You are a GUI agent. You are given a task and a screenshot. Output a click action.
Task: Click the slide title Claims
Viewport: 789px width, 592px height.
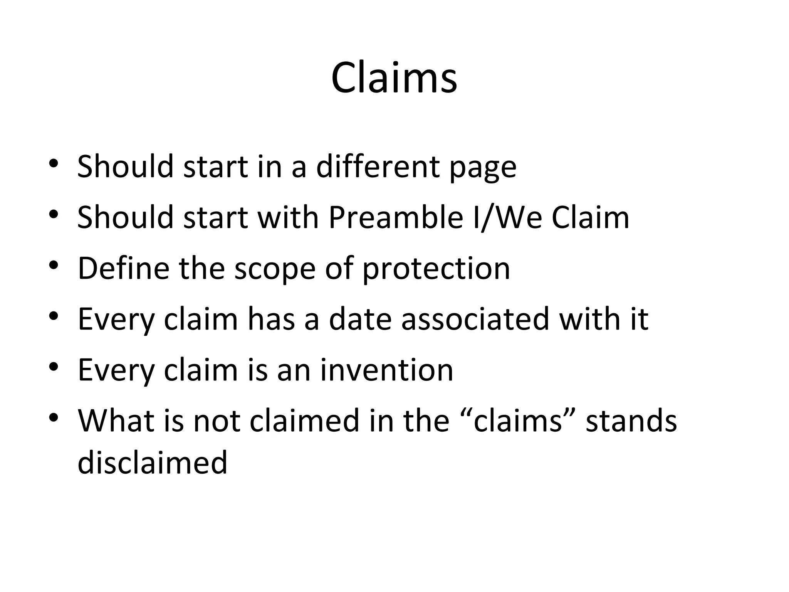pyautogui.click(x=394, y=78)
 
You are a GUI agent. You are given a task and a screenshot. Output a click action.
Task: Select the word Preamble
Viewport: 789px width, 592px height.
pyautogui.click(x=396, y=217)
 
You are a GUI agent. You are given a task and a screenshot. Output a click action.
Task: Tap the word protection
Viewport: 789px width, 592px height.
pyautogui.click(x=436, y=269)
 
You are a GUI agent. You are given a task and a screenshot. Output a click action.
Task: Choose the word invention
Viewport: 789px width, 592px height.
pyautogui.click(x=386, y=370)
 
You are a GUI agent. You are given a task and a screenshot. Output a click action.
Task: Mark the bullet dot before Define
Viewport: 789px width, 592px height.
pyautogui.click(x=54, y=265)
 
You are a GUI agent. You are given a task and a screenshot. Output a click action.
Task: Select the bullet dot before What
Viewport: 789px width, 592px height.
pyautogui.click(x=54, y=417)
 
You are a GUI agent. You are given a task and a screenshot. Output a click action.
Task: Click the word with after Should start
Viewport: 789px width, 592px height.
pyautogui.click(x=288, y=217)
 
